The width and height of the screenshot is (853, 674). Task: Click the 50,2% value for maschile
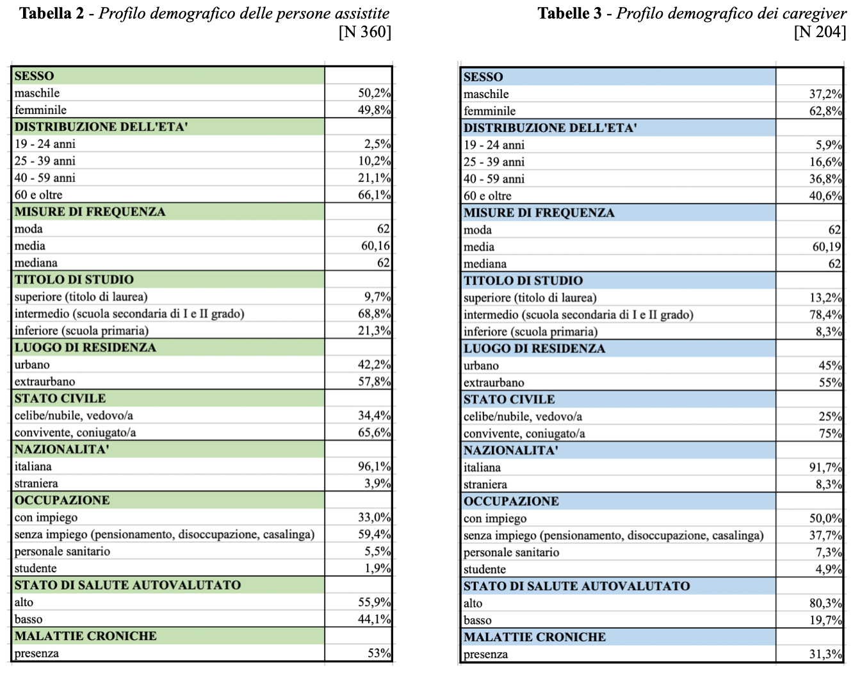coord(374,93)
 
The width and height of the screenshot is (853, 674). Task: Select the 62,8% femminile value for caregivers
coord(825,111)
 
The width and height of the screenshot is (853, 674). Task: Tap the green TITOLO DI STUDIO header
coord(74,279)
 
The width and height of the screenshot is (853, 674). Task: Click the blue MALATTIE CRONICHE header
coord(535,637)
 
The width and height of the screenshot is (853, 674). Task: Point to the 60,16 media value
coord(375,246)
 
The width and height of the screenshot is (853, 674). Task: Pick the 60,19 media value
coord(827,247)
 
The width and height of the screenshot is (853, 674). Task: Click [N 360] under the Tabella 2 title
coord(364,31)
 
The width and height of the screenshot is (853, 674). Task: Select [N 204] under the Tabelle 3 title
coord(820,31)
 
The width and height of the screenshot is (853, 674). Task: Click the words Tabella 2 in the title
coord(52,13)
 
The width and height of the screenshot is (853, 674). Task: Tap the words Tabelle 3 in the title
coord(569,13)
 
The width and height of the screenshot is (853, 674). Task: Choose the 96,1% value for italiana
coord(374,466)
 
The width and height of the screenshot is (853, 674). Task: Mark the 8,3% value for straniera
coord(829,484)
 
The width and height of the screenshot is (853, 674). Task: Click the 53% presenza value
coord(379,653)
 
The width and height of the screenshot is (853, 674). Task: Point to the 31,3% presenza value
coord(825,654)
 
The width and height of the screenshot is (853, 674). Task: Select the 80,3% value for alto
coord(825,603)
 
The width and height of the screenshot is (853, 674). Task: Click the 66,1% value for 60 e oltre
coord(374,195)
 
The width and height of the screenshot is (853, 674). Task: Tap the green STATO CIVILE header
coord(60,398)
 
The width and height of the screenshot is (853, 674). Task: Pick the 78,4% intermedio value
coord(825,315)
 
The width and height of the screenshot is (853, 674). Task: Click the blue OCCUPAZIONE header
coord(511,501)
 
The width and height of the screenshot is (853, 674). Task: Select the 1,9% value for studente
coord(377,568)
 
